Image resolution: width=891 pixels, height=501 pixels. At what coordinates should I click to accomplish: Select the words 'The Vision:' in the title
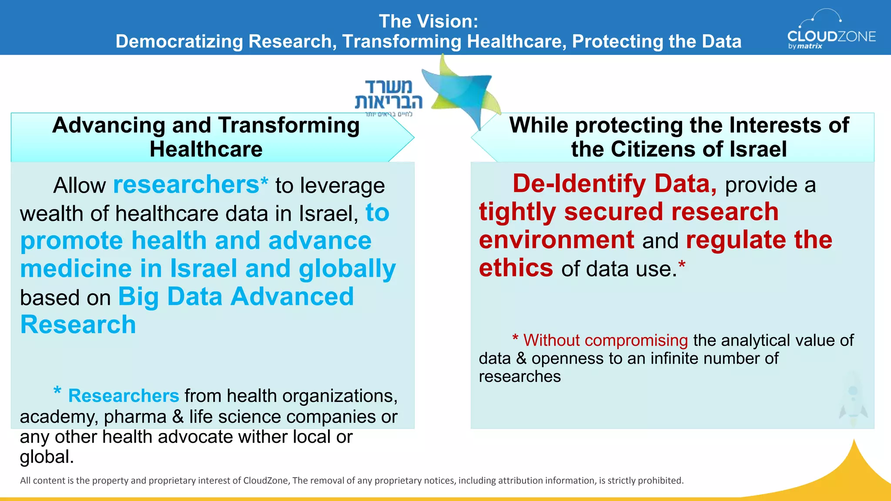[x=429, y=21]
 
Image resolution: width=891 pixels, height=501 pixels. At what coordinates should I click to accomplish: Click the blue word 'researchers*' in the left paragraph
[x=191, y=185]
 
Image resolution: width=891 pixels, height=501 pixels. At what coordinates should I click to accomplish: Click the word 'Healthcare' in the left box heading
[x=206, y=149]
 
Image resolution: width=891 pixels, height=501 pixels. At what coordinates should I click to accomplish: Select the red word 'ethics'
[x=516, y=268]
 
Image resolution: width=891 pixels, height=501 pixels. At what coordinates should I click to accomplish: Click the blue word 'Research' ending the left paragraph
[x=78, y=325]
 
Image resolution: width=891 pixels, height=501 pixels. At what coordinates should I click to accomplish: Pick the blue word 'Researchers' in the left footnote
[x=124, y=396]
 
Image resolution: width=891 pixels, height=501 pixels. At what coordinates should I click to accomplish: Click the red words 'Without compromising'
[x=605, y=340]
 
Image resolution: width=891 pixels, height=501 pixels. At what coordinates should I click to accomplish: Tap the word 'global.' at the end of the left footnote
[x=47, y=457]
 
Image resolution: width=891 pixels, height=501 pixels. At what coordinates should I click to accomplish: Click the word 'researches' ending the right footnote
[x=519, y=376]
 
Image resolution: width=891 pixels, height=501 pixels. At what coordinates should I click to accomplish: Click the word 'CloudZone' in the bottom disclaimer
[x=265, y=481]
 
